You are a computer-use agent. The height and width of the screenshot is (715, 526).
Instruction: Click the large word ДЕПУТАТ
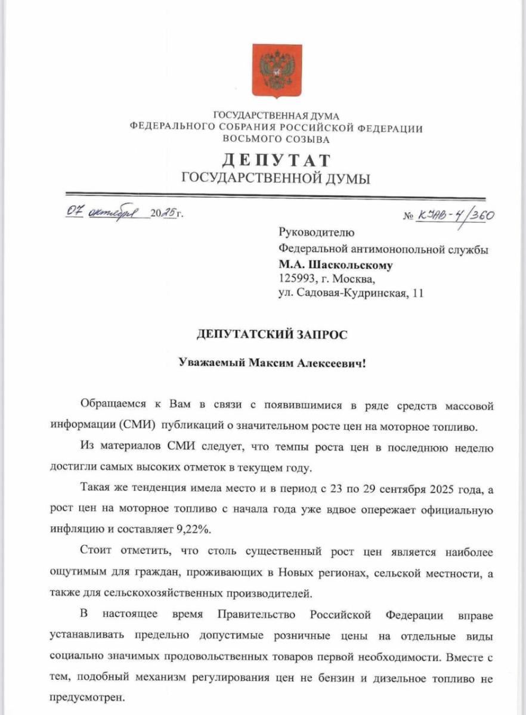276,160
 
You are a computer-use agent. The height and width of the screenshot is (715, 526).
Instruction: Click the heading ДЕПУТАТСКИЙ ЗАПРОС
272,335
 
